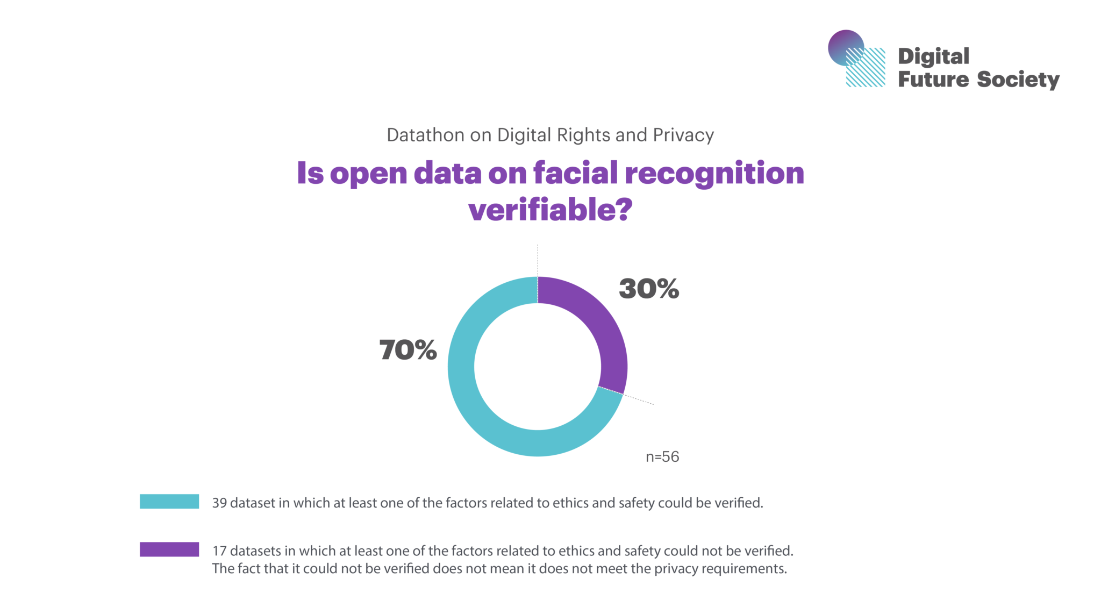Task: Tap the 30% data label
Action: (649, 289)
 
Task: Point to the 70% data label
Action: (408, 350)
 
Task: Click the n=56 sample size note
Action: (662, 457)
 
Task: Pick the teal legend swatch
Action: (169, 502)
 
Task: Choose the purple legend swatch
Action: (169, 549)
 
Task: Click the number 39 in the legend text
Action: (219, 503)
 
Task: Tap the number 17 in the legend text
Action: (219, 551)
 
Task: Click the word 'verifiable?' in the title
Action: (550, 209)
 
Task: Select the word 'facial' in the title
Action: (576, 173)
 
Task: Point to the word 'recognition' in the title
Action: (714, 174)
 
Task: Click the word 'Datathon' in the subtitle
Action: (425, 135)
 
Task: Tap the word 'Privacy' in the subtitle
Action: (683, 135)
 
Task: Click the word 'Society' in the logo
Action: (1018, 80)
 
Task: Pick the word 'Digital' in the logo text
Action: (933, 56)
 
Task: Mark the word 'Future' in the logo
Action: (933, 80)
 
